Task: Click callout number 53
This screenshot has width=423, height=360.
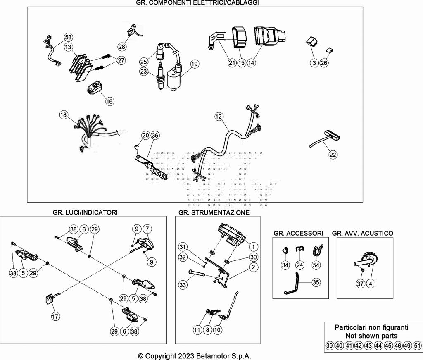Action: point(68,38)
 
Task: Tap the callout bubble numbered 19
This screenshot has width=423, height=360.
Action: point(195,64)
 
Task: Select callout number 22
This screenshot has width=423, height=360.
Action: point(333,155)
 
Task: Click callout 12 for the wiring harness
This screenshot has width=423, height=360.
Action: point(219,117)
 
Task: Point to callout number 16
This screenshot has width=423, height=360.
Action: point(109,101)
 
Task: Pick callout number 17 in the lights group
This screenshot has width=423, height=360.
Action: point(55,317)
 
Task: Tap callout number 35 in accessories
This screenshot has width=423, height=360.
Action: point(316,283)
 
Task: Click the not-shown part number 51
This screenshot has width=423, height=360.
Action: point(417,346)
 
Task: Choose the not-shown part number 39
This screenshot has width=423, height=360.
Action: point(329,346)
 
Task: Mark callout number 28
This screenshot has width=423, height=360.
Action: point(122,47)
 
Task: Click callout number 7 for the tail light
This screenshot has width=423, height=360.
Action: point(147,229)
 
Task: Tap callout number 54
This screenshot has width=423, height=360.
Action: point(316,265)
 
